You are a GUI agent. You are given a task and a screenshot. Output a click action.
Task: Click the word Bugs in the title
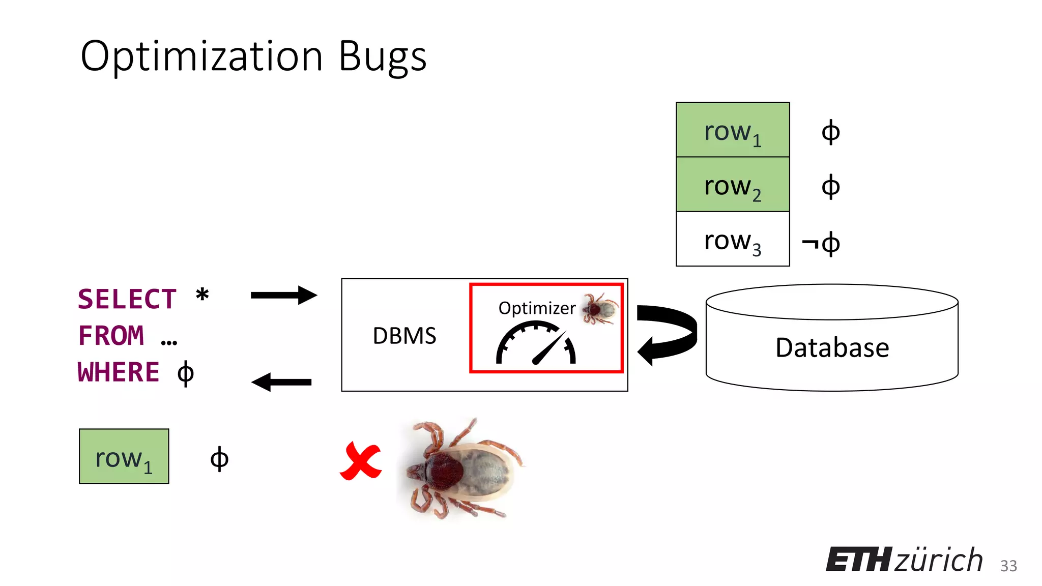(382, 57)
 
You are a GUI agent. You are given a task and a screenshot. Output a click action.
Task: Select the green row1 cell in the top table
(732, 130)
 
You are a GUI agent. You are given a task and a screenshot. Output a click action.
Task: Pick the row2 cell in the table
(732, 185)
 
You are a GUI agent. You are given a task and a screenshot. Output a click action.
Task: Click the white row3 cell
(732, 239)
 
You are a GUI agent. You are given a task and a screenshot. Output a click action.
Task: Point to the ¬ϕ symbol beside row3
(820, 244)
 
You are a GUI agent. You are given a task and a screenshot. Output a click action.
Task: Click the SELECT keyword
(127, 299)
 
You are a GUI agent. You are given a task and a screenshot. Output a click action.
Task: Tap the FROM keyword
(111, 336)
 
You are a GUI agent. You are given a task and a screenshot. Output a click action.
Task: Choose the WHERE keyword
(119, 372)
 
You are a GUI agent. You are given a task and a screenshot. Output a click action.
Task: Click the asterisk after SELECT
(202, 295)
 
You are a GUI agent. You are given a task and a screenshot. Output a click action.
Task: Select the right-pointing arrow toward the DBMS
(283, 295)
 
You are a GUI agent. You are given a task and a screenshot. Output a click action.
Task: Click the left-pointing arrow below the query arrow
(282, 382)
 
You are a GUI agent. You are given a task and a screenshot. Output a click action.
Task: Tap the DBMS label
(404, 336)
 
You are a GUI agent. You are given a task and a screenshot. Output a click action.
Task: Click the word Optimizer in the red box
(537, 308)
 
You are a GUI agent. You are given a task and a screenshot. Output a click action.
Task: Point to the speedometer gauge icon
(536, 344)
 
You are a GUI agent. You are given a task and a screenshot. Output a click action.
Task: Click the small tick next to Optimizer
(600, 308)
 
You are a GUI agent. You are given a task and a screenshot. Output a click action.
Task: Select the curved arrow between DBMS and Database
(667, 334)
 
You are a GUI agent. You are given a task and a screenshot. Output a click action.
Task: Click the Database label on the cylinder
(832, 348)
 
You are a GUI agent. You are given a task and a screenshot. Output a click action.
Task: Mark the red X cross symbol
(361, 461)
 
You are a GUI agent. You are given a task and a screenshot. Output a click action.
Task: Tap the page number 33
(1008, 566)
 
